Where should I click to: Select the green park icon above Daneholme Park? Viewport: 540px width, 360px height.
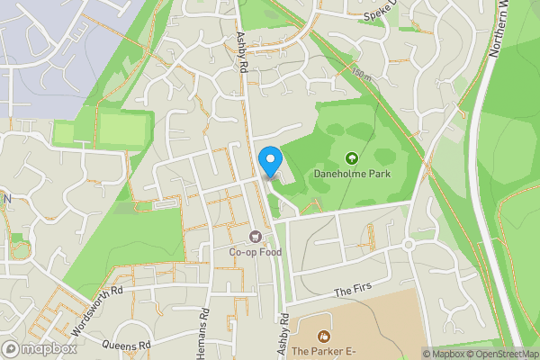[351, 158]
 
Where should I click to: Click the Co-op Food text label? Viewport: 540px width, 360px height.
[255, 252]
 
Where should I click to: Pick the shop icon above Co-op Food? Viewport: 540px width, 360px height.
[255, 238]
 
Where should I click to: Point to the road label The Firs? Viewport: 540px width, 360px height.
[352, 292]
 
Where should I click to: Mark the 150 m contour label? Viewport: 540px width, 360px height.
[361, 72]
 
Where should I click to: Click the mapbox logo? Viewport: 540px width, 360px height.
[39, 349]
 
